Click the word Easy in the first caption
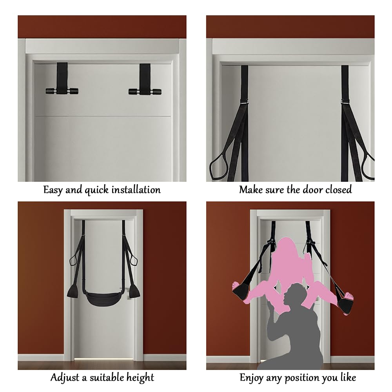53,190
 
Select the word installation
136,190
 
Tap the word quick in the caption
97,190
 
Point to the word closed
339,189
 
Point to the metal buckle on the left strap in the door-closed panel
244,102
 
